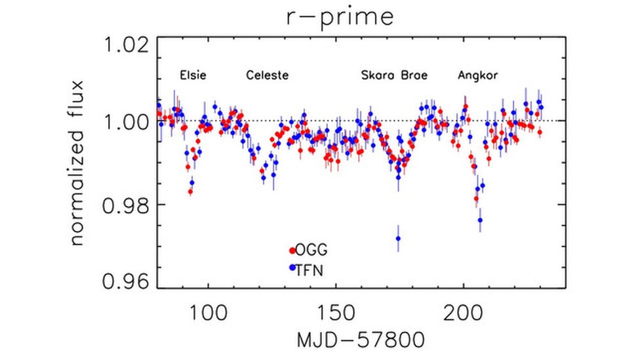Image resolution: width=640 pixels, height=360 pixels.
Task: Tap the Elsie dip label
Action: click(193, 75)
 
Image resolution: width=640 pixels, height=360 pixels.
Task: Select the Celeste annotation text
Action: click(267, 75)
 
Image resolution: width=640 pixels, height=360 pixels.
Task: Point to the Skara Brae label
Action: click(394, 75)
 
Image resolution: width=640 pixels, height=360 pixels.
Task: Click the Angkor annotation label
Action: click(477, 75)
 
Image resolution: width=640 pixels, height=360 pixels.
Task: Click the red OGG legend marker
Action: click(292, 250)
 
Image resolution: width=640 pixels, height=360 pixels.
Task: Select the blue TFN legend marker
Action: click(292, 268)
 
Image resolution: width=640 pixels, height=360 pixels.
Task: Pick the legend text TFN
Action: click(310, 268)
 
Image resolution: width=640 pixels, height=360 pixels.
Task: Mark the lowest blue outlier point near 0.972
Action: click(398, 239)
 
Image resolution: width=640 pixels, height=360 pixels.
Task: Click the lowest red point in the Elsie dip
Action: click(190, 191)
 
